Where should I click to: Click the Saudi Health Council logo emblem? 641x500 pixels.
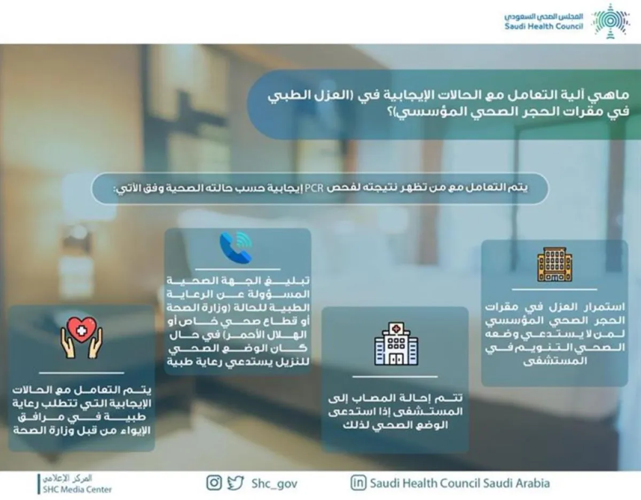[611, 21]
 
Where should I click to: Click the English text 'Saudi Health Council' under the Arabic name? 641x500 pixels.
[544, 27]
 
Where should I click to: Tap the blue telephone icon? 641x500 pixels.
[236, 248]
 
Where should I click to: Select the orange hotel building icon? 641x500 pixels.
[554, 264]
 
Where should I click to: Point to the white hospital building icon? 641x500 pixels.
[396, 344]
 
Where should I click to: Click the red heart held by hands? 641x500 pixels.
[82, 329]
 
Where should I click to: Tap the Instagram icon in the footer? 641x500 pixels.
[214, 483]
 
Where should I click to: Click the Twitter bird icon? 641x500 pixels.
[235, 483]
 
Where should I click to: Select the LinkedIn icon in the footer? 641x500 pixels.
[358, 483]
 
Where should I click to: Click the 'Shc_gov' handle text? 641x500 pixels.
[275, 484]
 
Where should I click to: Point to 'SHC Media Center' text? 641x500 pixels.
[77, 489]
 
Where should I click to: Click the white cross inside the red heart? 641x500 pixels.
[81, 331]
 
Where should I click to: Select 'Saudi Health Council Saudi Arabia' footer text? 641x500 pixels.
[460, 483]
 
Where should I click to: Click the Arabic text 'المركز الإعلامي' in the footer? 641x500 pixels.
[67, 478]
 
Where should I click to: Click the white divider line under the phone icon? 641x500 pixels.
[238, 269]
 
